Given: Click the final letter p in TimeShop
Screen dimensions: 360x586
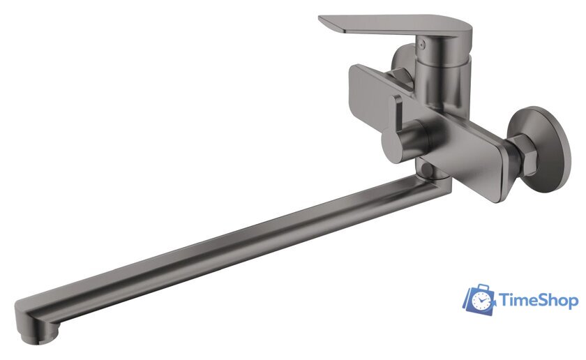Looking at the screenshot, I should click(x=573, y=303).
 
